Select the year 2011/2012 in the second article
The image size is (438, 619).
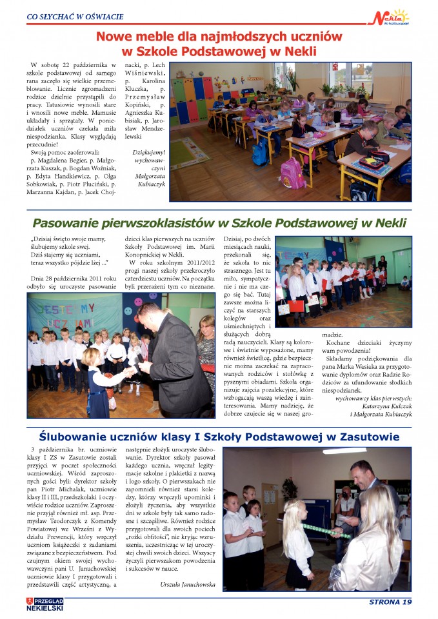coord(192,263)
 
